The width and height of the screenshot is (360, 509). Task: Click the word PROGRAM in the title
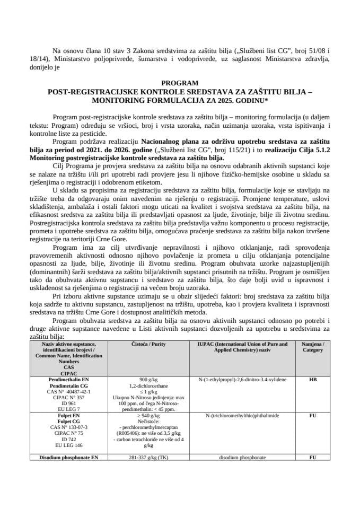(x=180, y=83)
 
